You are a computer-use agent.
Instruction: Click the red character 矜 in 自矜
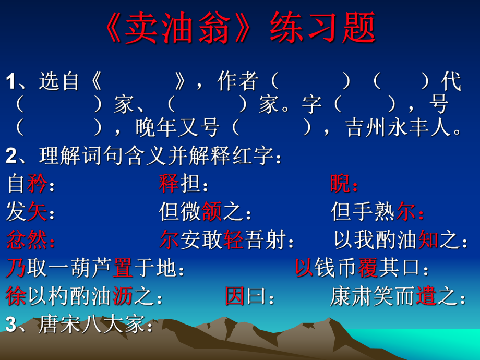(37, 184)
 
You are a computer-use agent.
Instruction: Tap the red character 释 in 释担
(169, 184)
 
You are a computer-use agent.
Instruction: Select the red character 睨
(340, 184)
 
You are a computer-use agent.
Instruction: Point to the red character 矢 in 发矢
(37, 212)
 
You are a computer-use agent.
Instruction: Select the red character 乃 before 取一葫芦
(16, 268)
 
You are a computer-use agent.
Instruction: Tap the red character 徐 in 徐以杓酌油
(16, 296)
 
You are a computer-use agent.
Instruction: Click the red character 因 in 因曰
(235, 296)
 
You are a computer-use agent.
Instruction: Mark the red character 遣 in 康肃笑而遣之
(426, 296)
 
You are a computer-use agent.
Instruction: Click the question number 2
(11, 156)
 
